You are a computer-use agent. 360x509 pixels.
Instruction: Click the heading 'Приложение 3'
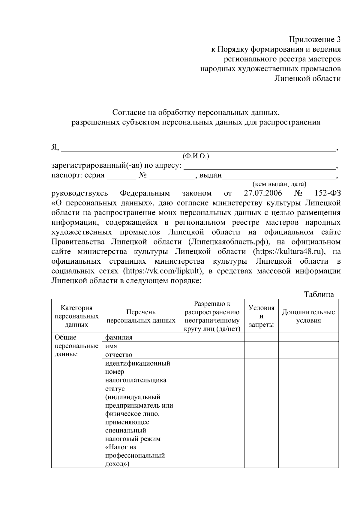click(315, 40)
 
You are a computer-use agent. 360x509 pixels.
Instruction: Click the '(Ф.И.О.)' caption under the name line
click(196, 156)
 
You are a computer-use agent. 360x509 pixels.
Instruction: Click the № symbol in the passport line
click(142, 175)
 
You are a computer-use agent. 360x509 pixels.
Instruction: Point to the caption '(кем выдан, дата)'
click(279, 184)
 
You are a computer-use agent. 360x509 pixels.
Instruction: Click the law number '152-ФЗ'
click(328, 193)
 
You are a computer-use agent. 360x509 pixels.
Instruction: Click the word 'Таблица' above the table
click(319, 294)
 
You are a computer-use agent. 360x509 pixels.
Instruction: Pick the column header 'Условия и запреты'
click(261, 316)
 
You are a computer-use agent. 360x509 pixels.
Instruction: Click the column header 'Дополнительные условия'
click(308, 316)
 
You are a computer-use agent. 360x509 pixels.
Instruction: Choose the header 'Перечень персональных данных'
click(141, 316)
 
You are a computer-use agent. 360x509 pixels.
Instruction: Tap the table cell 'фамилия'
click(119, 337)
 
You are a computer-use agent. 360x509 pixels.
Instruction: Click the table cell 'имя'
click(111, 346)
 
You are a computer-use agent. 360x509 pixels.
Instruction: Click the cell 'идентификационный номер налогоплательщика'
click(138, 372)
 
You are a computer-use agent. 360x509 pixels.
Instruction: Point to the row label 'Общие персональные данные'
click(76, 346)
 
